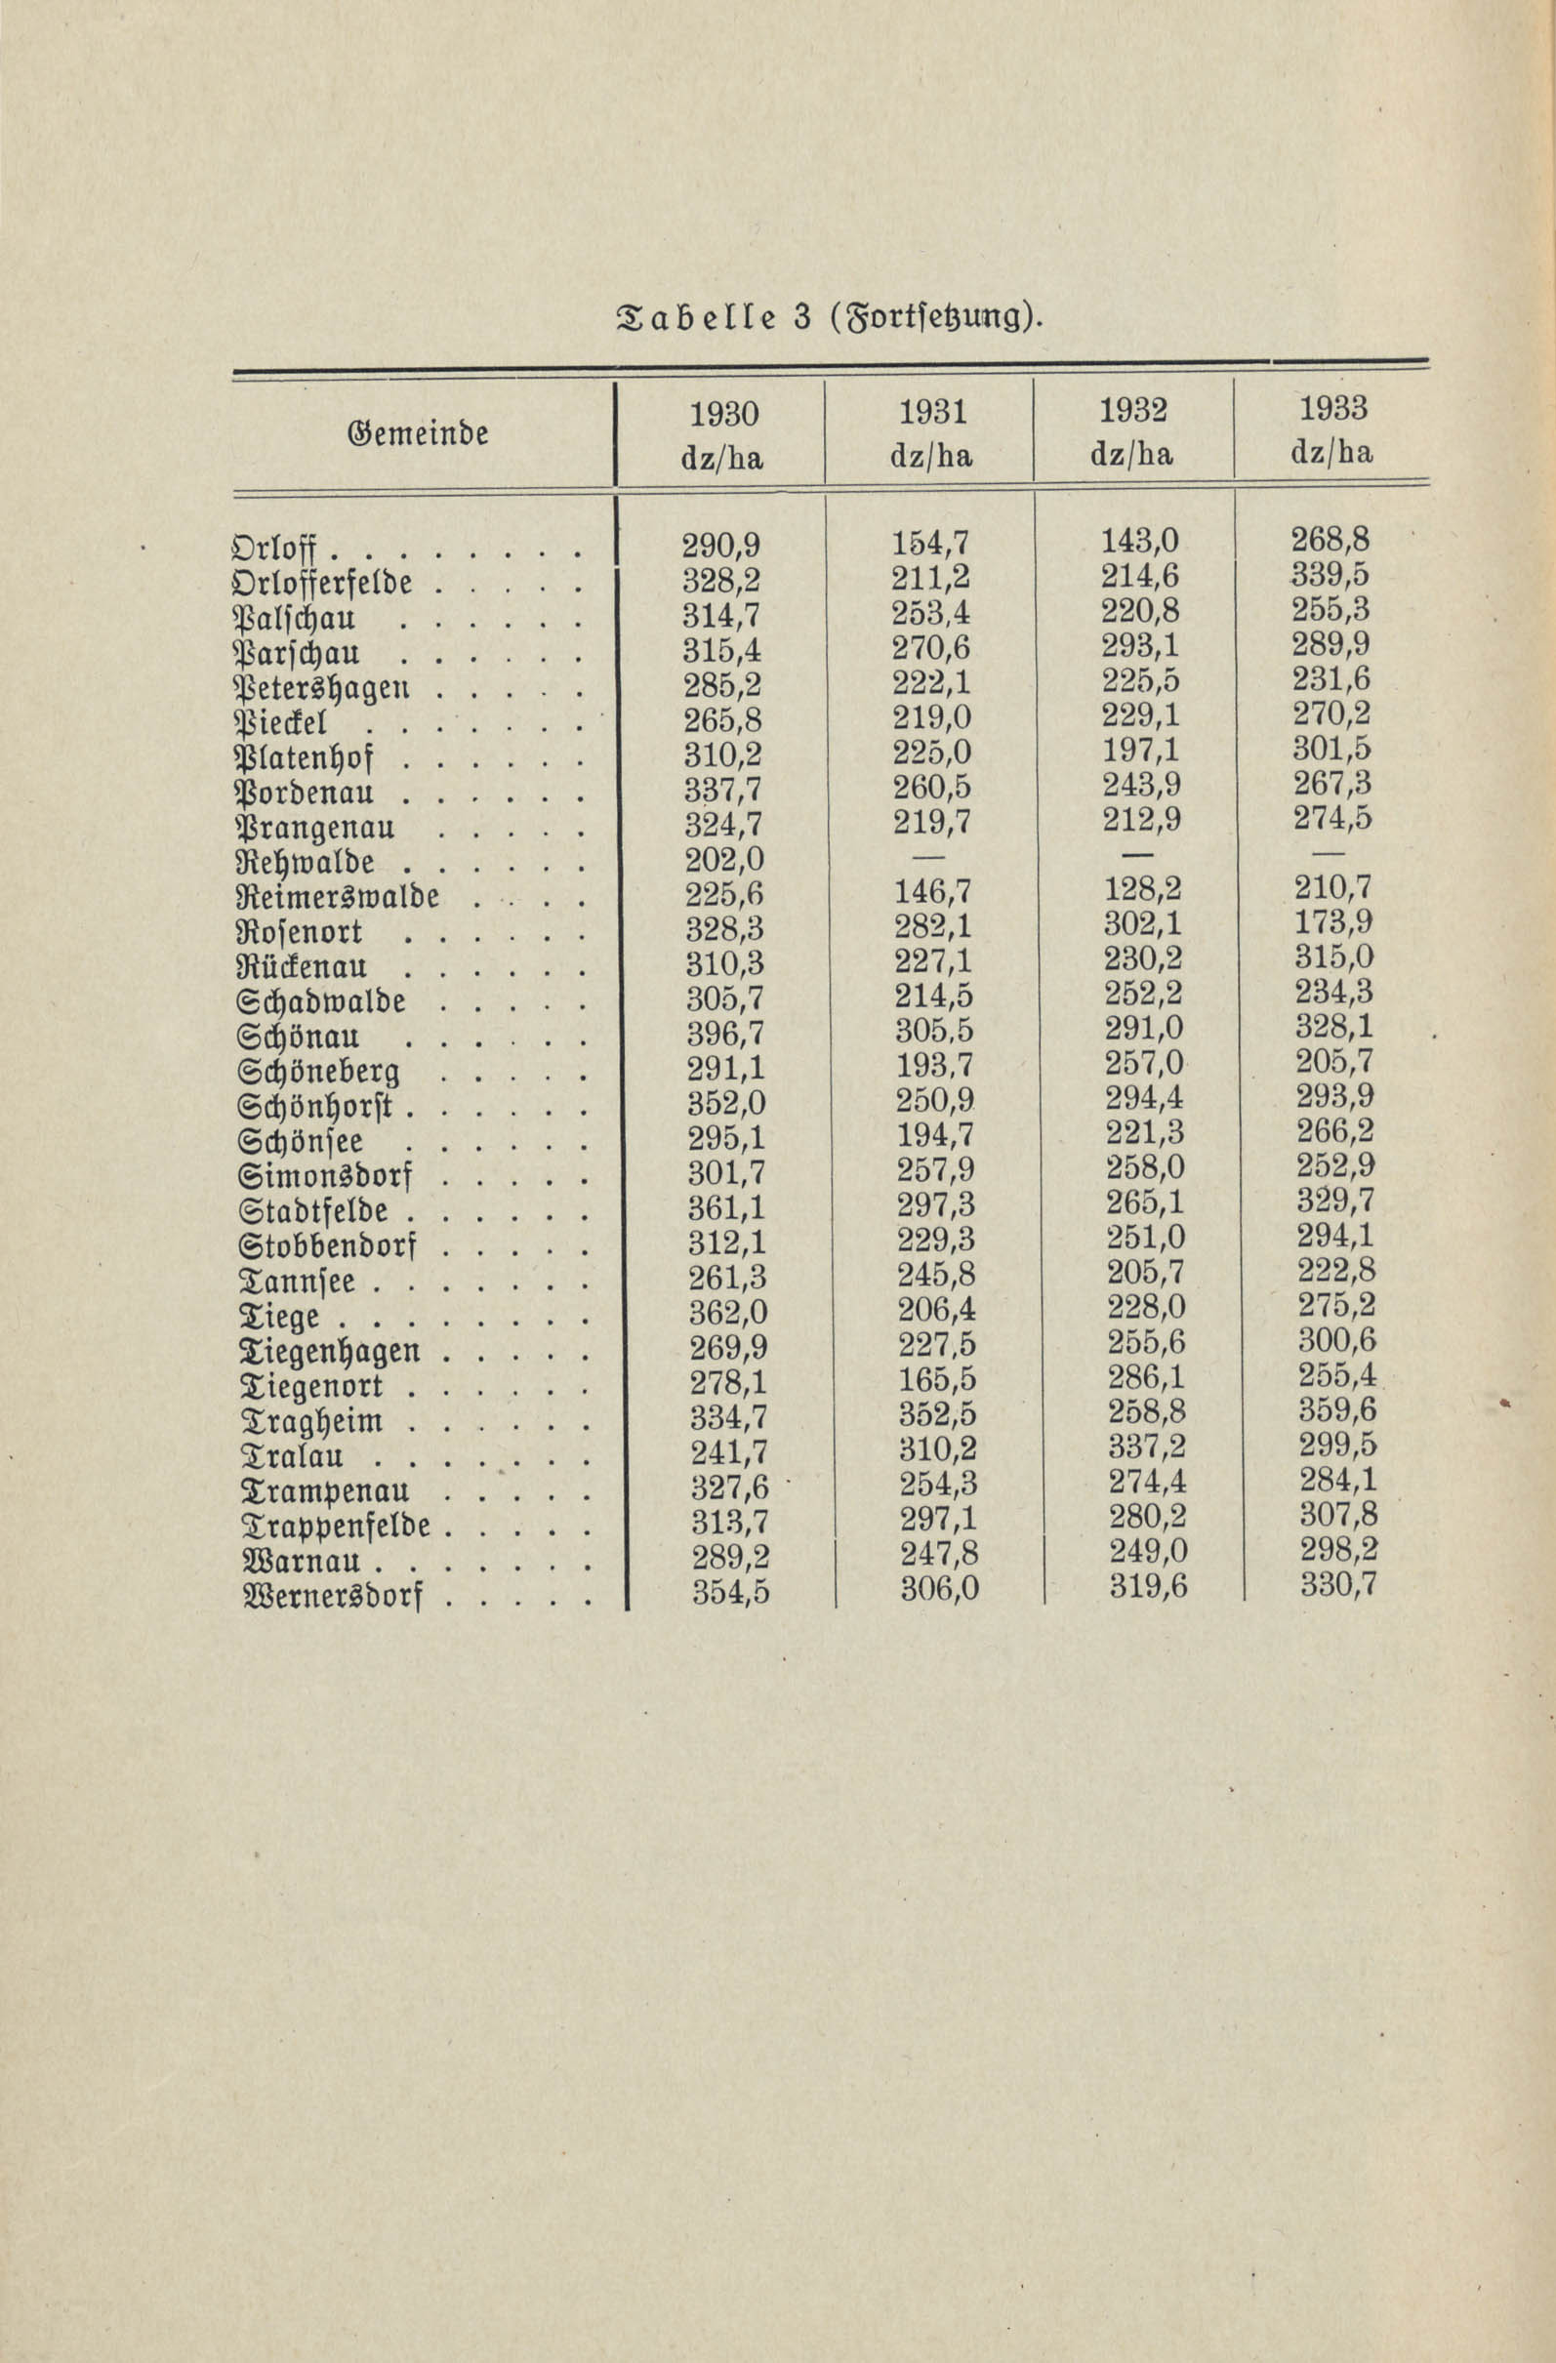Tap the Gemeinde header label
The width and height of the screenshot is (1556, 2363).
(x=418, y=434)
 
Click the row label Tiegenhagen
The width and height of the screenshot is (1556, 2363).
(x=331, y=1351)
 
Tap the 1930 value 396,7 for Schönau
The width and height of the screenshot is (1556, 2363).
(x=727, y=1034)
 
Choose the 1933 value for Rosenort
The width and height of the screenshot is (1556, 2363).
(x=1333, y=923)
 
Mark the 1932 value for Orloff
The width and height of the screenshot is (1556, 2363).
(x=1139, y=541)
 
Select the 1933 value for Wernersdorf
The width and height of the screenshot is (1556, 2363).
(x=1337, y=1584)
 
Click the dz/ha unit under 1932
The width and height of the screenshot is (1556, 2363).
(x=1131, y=455)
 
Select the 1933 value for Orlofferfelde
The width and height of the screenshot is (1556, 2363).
(x=1331, y=576)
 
